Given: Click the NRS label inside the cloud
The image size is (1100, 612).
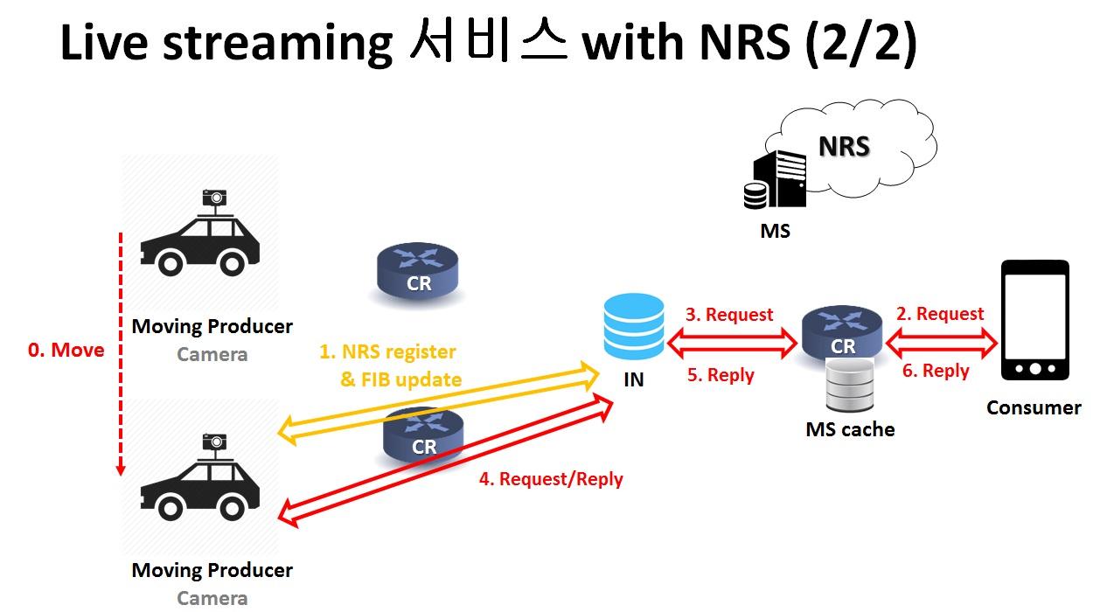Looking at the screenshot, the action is [x=844, y=146].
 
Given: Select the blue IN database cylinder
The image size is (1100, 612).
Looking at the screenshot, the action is [x=634, y=326].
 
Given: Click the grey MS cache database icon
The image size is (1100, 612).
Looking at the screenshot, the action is [x=850, y=385].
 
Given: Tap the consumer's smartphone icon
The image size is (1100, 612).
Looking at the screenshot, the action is [x=1035, y=320].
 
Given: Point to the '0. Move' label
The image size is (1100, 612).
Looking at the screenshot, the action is [x=66, y=350].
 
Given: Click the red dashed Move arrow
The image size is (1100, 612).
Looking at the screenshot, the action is [x=121, y=353].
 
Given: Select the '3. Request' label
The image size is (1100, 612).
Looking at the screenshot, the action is [x=729, y=315].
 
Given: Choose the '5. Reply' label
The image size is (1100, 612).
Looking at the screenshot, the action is [x=721, y=375].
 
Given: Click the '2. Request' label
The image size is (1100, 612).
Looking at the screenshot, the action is [x=940, y=313].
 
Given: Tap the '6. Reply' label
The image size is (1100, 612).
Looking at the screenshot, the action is [x=936, y=371].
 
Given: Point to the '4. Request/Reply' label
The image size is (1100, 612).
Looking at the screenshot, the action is [x=551, y=479].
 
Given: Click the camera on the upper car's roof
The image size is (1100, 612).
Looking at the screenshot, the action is [x=214, y=198].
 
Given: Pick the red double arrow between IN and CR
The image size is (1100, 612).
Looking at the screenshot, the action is [x=732, y=343].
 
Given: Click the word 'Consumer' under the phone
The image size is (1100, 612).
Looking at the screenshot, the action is [x=1034, y=407].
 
